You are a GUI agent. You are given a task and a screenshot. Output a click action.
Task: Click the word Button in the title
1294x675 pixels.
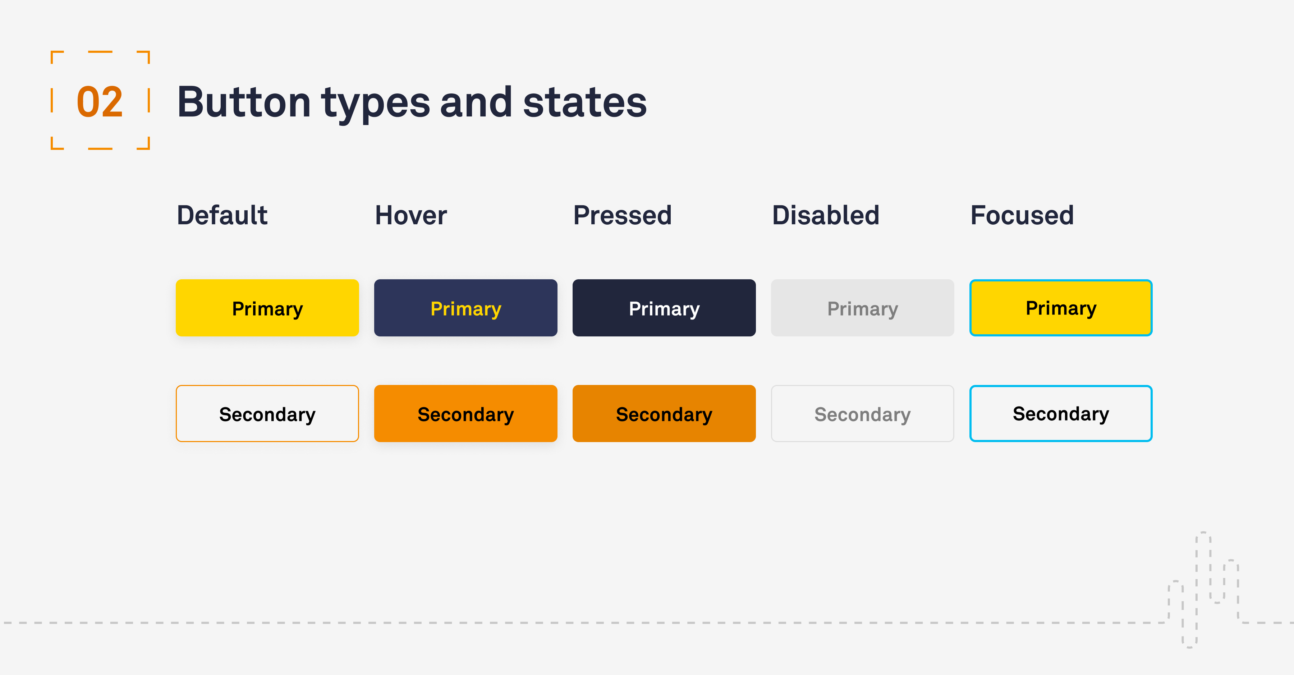(244, 102)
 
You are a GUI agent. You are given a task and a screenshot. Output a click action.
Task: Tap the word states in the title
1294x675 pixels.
(585, 102)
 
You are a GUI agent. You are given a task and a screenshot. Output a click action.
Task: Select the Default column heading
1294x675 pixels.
(222, 215)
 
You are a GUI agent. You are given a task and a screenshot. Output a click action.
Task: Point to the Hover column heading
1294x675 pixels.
(411, 215)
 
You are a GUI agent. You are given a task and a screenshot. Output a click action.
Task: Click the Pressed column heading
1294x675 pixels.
(623, 215)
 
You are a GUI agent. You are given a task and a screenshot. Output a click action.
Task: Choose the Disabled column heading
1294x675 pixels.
(825, 215)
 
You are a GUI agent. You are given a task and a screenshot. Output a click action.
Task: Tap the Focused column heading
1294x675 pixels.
(1022, 215)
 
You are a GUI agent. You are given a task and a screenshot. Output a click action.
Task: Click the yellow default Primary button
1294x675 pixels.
(267, 308)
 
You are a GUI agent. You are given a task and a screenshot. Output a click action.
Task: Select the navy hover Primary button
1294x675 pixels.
(465, 308)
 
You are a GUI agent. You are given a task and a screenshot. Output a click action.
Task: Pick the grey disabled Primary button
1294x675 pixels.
(863, 308)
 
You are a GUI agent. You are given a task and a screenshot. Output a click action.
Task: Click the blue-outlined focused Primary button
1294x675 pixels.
(1061, 308)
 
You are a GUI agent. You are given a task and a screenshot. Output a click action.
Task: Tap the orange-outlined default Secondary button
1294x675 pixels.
(267, 413)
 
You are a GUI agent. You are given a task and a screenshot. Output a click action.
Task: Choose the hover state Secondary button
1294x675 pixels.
(465, 413)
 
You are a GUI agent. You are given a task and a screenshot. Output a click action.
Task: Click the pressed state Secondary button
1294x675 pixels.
(664, 413)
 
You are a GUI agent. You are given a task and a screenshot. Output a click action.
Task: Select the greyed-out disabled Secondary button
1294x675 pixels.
(863, 413)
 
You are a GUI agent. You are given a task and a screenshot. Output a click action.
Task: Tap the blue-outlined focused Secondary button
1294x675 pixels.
(1061, 413)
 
